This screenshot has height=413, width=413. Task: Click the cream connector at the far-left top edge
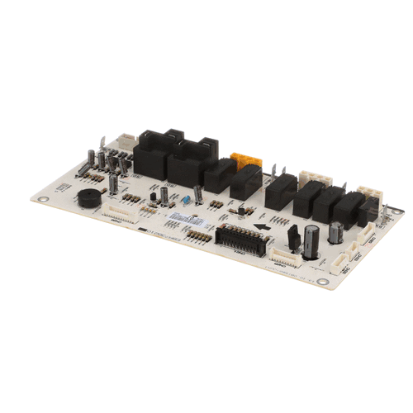click(x=124, y=142)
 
